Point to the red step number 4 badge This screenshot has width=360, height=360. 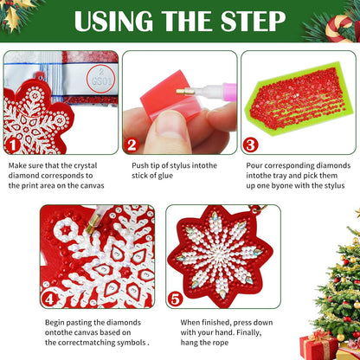click(x=50, y=299)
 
